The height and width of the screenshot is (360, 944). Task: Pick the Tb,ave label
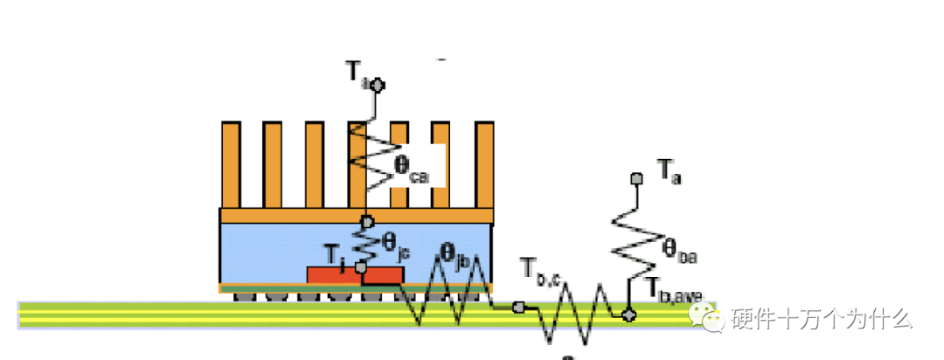[x=674, y=290]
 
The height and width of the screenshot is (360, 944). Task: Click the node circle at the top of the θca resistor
[x=378, y=85]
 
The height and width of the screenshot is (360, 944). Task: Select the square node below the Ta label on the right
[x=637, y=178]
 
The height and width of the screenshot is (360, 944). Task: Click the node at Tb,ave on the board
[x=628, y=314]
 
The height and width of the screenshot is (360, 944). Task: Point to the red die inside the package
[x=355, y=275]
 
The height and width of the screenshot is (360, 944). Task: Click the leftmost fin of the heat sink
[x=231, y=164]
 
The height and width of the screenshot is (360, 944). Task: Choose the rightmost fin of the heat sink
[x=484, y=164]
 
